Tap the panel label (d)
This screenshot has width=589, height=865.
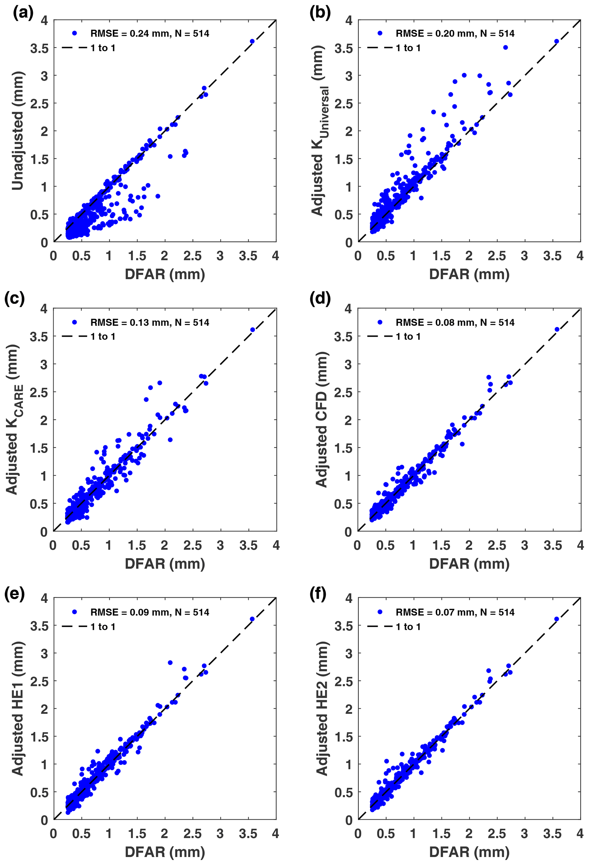click(x=320, y=299)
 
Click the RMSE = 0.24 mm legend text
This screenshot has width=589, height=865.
click(x=149, y=34)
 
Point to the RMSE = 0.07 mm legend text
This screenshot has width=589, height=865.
click(x=455, y=612)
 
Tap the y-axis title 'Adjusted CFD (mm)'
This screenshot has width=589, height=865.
click(x=321, y=420)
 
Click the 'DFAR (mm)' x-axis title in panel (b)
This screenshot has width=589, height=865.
click(x=469, y=274)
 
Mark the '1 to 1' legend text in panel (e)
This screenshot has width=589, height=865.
click(x=103, y=627)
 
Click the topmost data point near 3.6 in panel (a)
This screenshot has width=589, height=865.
click(x=252, y=41)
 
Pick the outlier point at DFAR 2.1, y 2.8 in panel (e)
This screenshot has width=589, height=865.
click(x=170, y=663)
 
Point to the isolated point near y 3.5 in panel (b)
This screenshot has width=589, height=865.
click(x=506, y=47)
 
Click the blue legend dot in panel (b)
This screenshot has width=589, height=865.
click(x=380, y=33)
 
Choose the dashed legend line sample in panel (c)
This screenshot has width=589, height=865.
click(x=74, y=336)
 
